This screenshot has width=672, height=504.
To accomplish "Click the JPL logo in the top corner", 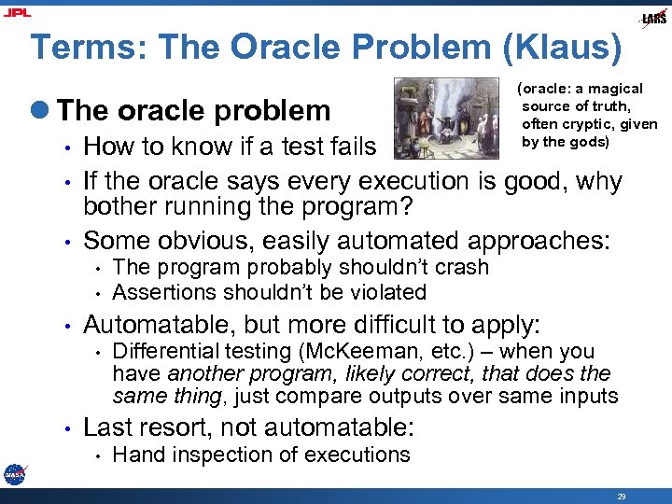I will [x=17, y=12].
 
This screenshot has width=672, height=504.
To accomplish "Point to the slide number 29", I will [x=622, y=497].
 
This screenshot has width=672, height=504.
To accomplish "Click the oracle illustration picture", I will [x=446, y=117].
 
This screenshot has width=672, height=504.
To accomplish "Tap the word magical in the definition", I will [x=611, y=89].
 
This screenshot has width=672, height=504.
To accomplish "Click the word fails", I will [x=351, y=147].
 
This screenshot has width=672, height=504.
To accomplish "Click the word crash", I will [x=463, y=267].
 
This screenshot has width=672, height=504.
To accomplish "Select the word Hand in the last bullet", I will [x=134, y=455].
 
